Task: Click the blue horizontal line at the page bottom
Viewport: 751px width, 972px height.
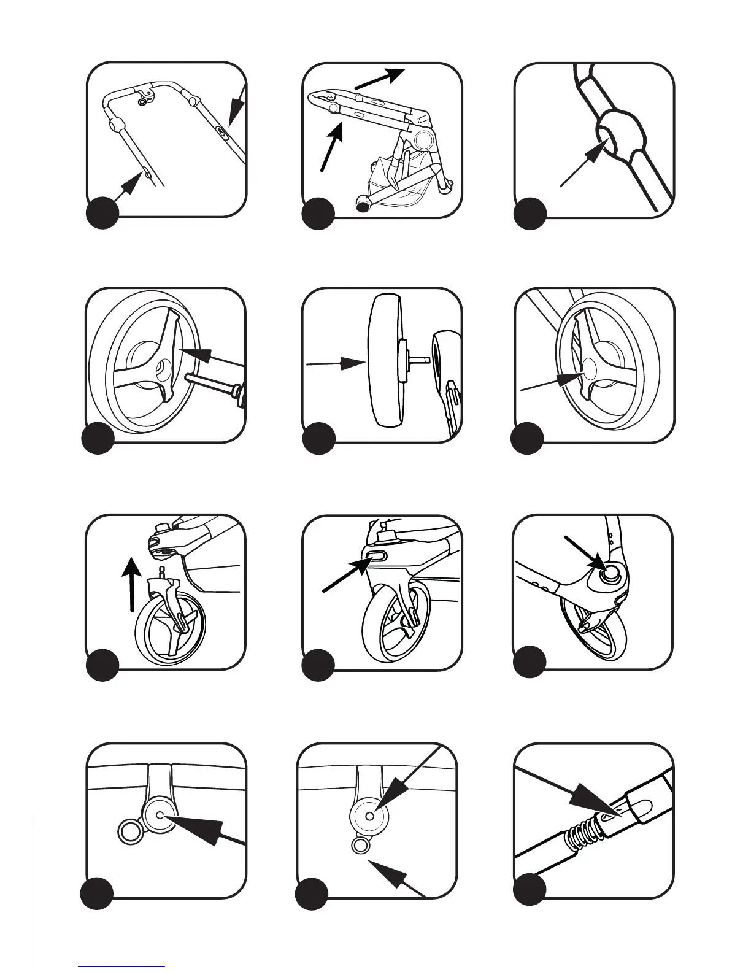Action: pyautogui.click(x=121, y=968)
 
